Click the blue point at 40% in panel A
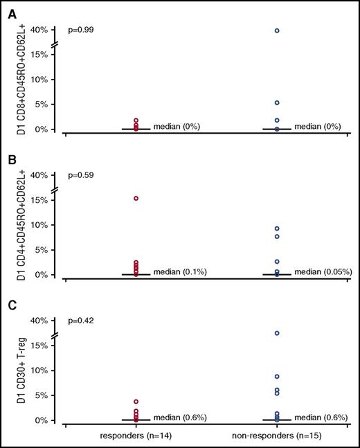[x=277, y=30]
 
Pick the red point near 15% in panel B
[x=136, y=199]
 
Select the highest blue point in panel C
[x=277, y=333]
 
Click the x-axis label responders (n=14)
[x=136, y=438]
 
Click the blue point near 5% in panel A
[x=277, y=103]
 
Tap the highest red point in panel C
[x=136, y=402]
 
